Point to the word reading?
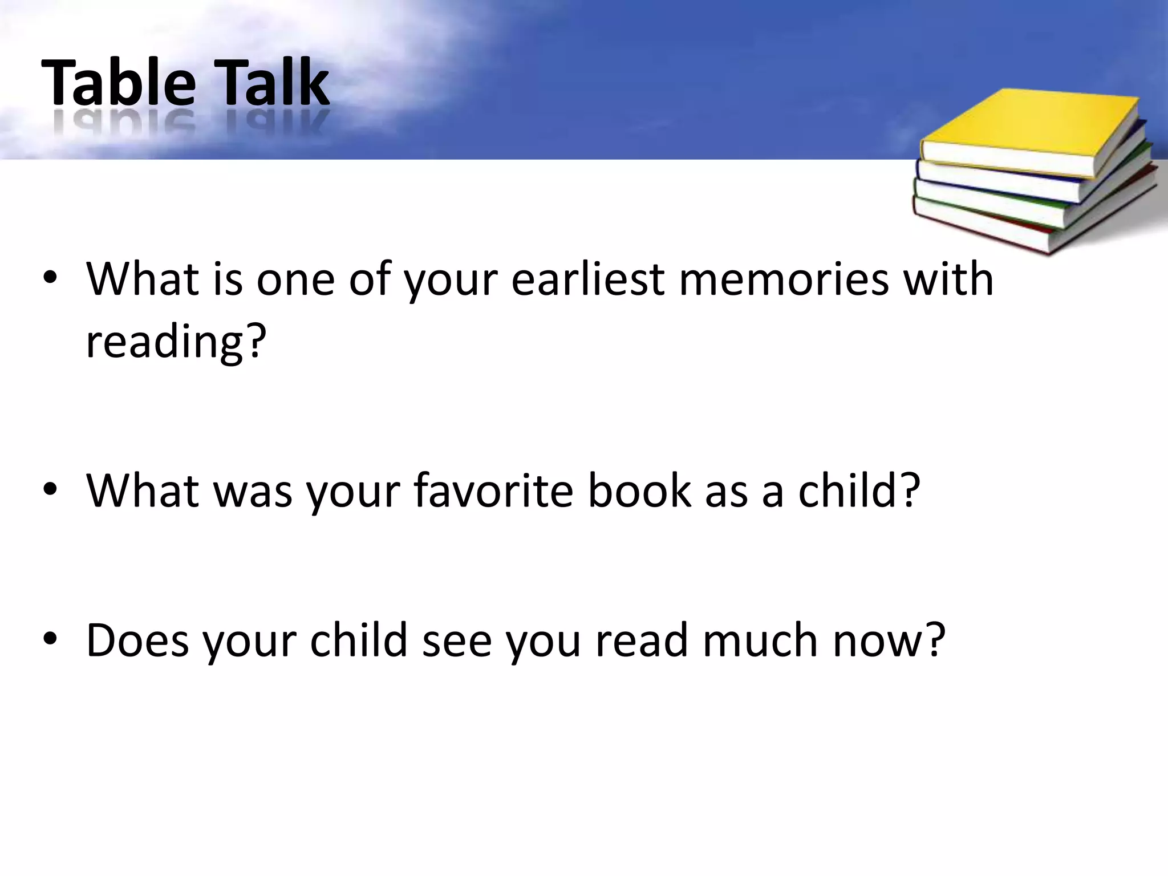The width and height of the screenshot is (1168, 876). pyautogui.click(x=176, y=342)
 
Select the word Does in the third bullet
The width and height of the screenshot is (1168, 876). pyautogui.click(x=137, y=640)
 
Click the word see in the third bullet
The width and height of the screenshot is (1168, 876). pyautogui.click(x=456, y=640)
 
